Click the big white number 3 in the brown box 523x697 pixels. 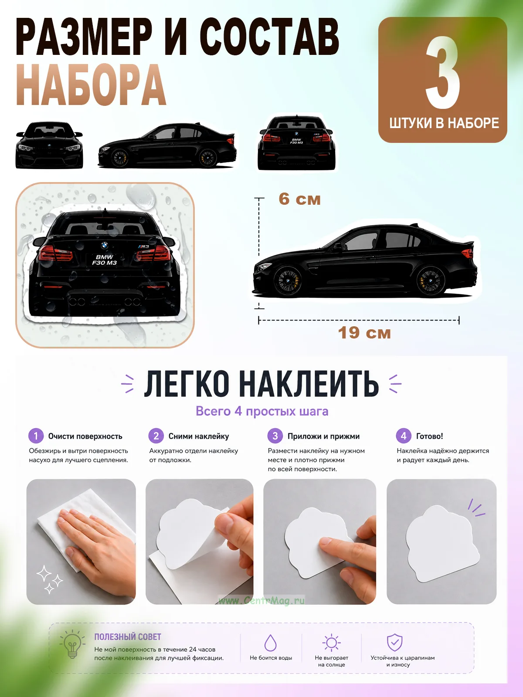tap(443, 72)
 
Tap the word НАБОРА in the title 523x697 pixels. tap(91, 85)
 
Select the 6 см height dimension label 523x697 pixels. tap(299, 199)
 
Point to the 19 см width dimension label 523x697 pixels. tap(364, 333)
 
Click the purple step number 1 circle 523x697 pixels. tap(36, 436)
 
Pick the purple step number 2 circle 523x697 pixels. tap(156, 436)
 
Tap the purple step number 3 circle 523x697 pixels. tap(275, 436)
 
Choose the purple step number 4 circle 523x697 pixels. tap(404, 436)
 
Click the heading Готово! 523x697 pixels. tap(429, 436)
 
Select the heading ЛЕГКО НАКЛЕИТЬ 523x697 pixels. tap(261, 383)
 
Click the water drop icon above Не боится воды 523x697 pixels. tap(271, 643)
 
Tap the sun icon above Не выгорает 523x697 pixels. tap(331, 643)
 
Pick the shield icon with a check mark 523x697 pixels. tap(395, 643)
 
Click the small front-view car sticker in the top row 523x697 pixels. tap(49, 145)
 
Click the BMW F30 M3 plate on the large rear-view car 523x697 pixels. tap(105, 260)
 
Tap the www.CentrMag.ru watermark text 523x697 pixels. tap(261, 600)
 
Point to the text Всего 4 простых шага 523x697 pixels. tap(262, 411)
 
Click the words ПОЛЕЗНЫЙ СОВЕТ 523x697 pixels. tap(128, 637)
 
